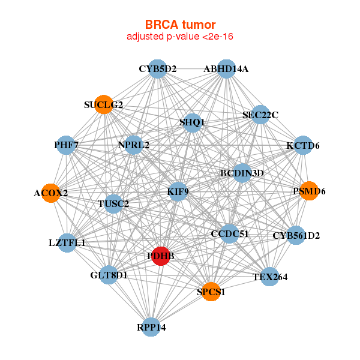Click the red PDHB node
tap(160, 256)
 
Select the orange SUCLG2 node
tap(104, 105)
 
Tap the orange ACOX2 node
tap(51, 193)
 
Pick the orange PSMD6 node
tap(309, 191)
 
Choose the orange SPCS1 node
tap(211, 292)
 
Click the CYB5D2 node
tap(157, 69)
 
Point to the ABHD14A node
tap(226, 69)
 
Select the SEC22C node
tap(260, 115)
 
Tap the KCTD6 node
tap(303, 145)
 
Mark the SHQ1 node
tap(192, 122)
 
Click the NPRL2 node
tap(134, 145)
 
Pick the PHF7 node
tap(67, 145)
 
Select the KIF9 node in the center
tap(178, 193)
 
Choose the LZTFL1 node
tap(67, 243)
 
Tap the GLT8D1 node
tap(109, 275)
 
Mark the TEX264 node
tap(270, 277)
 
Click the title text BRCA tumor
tap(180, 25)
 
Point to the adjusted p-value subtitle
tap(180, 37)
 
